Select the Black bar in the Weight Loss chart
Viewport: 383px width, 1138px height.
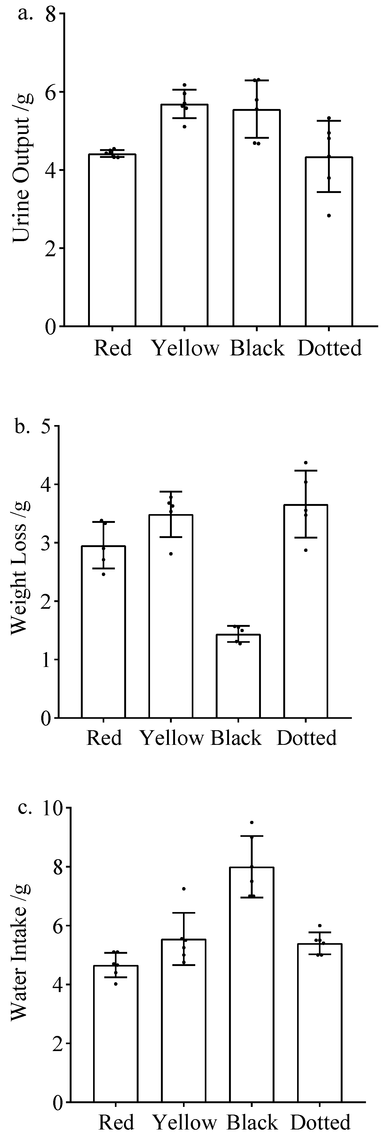tap(238, 676)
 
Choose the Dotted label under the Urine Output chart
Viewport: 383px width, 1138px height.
tap(330, 348)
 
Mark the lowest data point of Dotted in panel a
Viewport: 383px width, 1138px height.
tap(328, 216)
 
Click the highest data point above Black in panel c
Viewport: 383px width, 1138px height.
tap(252, 822)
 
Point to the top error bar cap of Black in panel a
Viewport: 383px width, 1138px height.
tap(256, 80)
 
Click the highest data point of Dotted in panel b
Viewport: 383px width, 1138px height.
tap(306, 463)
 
